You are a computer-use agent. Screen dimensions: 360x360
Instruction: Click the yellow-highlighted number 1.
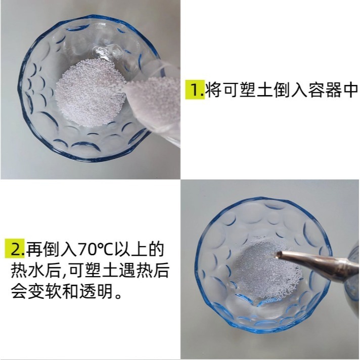(x=194, y=90)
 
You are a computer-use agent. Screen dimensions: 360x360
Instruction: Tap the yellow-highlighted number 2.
(x=15, y=249)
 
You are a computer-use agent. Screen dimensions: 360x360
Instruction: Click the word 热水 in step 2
(x=25, y=271)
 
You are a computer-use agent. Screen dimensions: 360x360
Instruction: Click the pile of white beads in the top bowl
(x=88, y=96)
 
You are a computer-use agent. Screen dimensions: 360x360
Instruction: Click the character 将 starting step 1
(x=213, y=90)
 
